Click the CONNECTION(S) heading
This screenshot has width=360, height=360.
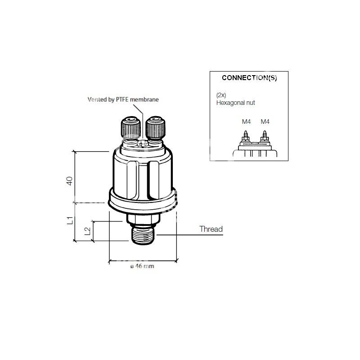(x=249, y=78)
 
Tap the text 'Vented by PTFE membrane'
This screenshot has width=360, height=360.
(x=123, y=99)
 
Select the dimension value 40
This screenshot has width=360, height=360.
(x=70, y=181)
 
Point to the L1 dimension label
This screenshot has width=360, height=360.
(x=70, y=220)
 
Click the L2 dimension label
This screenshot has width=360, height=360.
(x=87, y=231)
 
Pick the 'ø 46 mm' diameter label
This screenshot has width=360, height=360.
(x=142, y=266)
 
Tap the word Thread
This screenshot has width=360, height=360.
(x=211, y=229)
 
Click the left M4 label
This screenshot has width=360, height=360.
(x=246, y=121)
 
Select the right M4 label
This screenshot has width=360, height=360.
(x=265, y=121)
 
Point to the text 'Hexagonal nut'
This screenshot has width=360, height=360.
(x=235, y=103)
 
